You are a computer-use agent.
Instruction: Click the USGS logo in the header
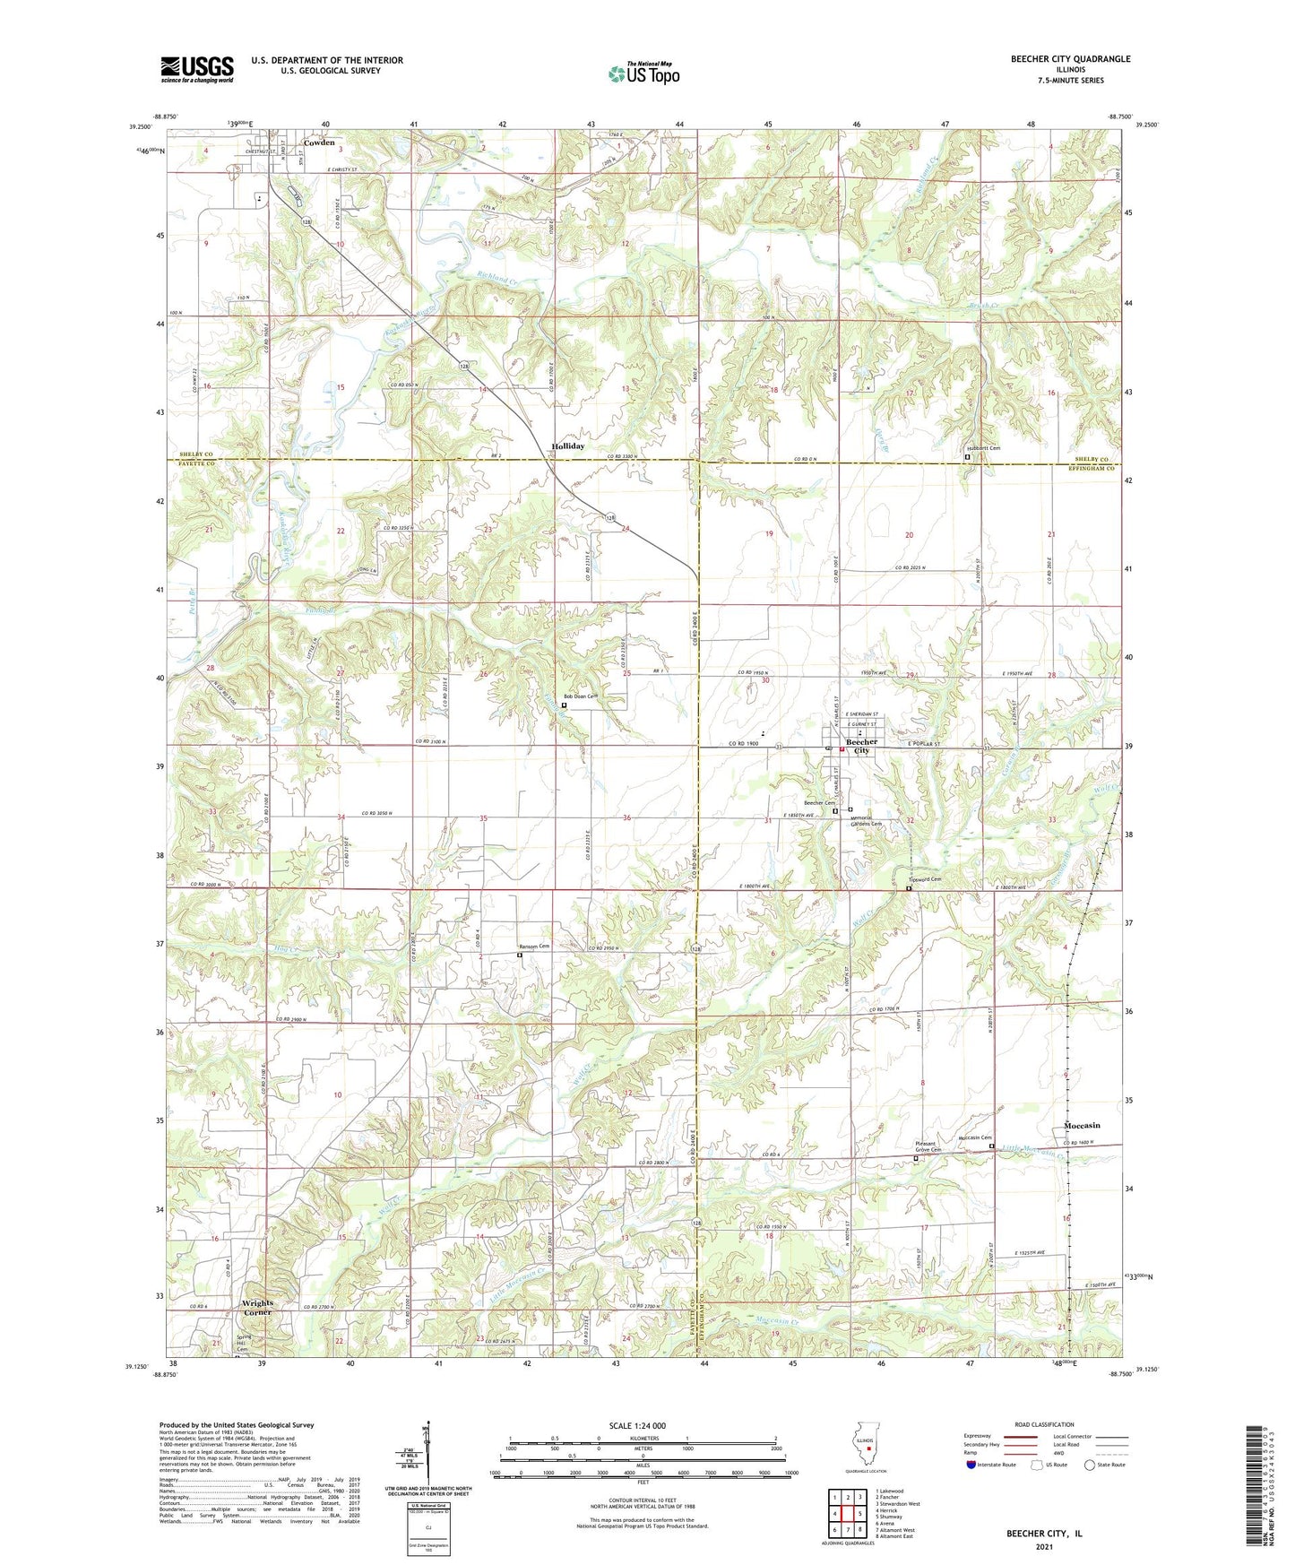(197, 69)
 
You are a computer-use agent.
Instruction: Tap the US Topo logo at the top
(643, 73)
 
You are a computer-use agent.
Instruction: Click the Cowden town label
(319, 143)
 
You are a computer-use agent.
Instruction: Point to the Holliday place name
(568, 445)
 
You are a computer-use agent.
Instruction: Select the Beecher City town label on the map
(861, 746)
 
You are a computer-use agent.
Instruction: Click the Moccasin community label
(1082, 1125)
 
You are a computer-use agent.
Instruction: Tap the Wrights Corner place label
(257, 1307)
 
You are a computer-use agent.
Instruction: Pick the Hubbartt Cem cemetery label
(982, 448)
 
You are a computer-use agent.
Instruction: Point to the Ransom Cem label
(534, 947)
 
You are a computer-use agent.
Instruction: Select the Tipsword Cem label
(924, 879)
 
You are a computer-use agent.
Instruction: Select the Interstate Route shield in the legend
(972, 1465)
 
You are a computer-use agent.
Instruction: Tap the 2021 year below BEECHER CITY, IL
(1043, 1547)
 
